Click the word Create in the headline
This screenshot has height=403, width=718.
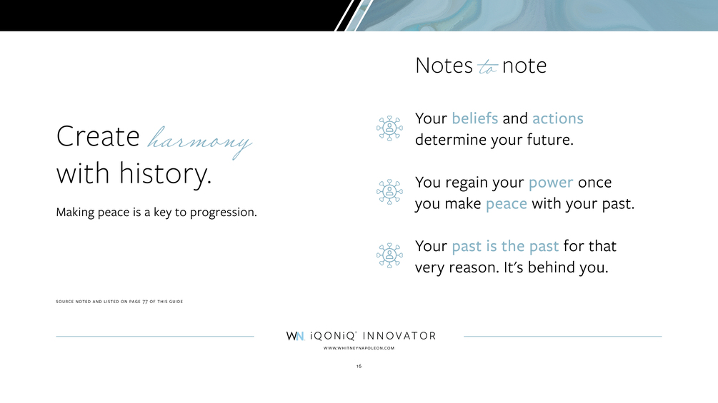click(x=98, y=136)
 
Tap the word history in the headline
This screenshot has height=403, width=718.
click(x=165, y=173)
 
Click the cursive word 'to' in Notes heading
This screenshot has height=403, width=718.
click(x=487, y=67)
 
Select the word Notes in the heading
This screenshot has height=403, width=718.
click(x=444, y=66)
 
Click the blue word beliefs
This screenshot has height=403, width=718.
click(x=475, y=118)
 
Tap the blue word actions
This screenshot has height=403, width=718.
click(x=558, y=119)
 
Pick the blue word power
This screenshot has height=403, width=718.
click(x=551, y=183)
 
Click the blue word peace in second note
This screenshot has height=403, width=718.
click(x=507, y=204)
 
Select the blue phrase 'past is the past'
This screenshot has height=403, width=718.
click(x=506, y=247)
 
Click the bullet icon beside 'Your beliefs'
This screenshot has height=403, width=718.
click(x=389, y=128)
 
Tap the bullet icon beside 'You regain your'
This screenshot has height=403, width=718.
click(x=389, y=192)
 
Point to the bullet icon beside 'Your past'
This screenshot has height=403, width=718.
click(x=389, y=255)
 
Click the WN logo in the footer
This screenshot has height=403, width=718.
click(x=295, y=336)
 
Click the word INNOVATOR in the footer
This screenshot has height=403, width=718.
click(x=399, y=336)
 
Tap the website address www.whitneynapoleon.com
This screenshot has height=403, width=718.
click(x=359, y=348)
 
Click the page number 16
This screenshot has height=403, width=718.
click(x=359, y=366)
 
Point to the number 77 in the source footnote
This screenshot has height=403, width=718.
click(x=145, y=302)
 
